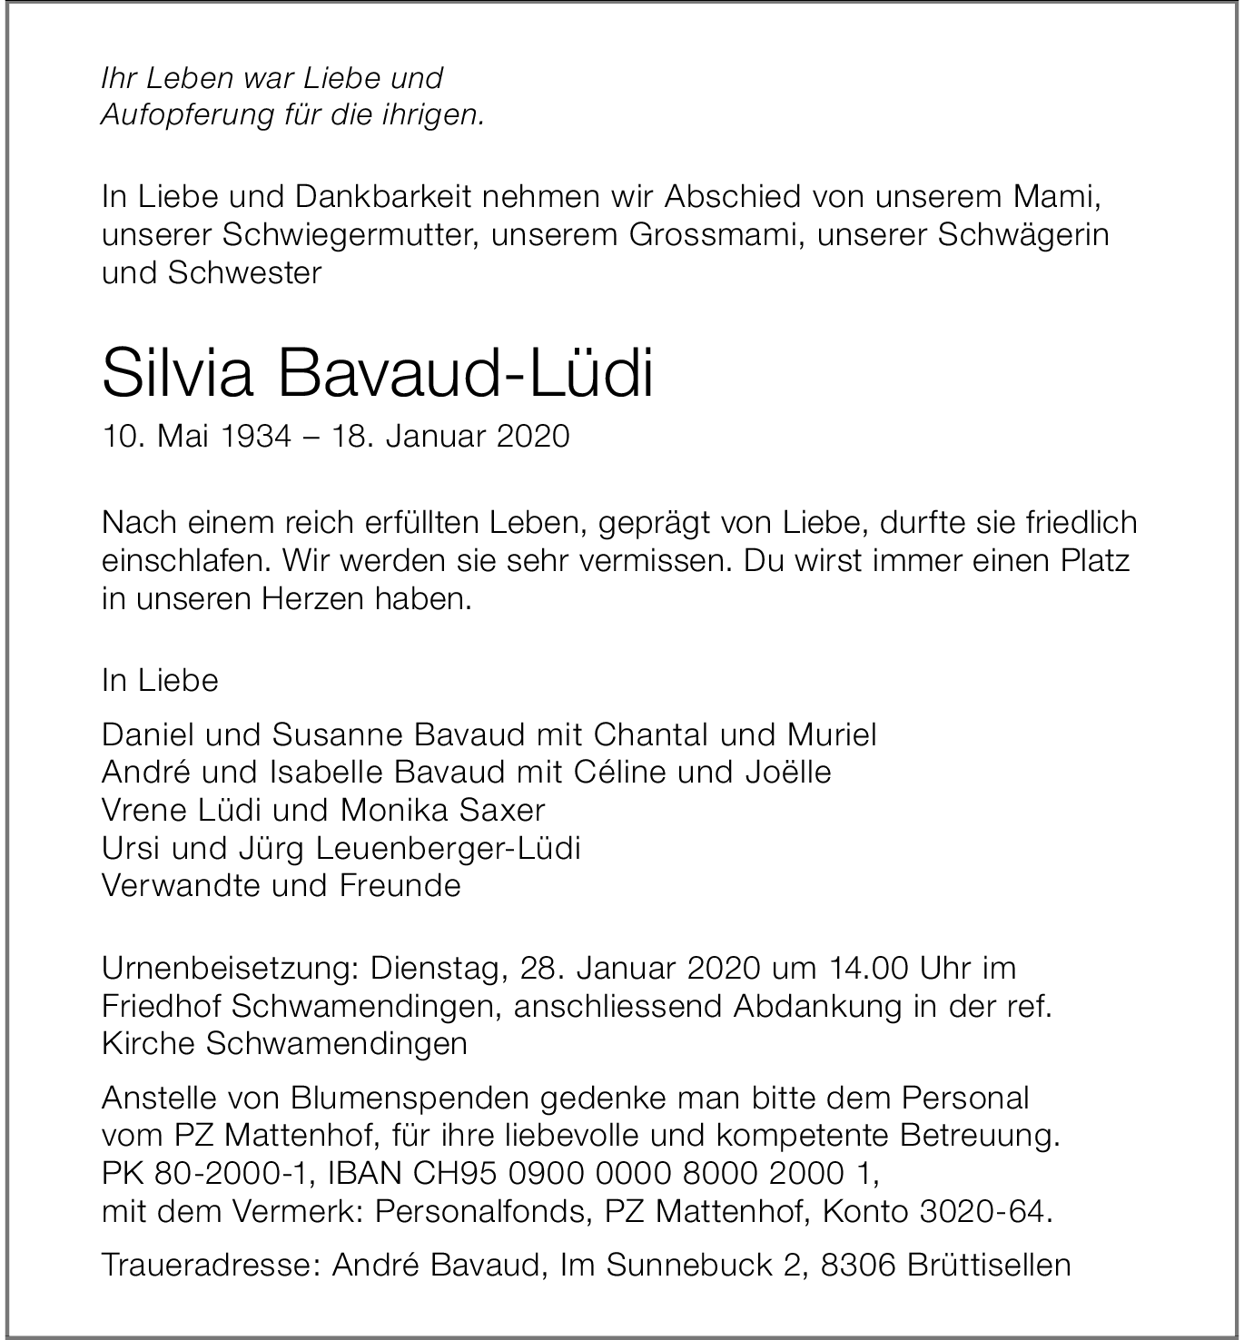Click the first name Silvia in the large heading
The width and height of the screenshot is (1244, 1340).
(177, 373)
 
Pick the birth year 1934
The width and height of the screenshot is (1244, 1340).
(255, 437)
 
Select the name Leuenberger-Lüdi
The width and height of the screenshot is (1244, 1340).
(448, 848)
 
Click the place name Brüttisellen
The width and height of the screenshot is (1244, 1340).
(989, 1266)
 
